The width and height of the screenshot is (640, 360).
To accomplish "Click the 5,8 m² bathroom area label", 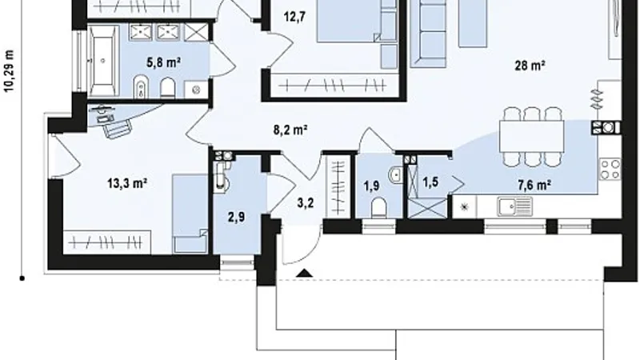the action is [163, 62].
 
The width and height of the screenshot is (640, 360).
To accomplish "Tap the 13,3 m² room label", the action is [127, 183].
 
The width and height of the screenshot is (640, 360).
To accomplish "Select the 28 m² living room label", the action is [530, 66].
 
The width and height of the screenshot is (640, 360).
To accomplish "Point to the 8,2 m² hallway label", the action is [290, 130].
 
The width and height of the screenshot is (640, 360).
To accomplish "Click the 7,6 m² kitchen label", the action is [534, 186].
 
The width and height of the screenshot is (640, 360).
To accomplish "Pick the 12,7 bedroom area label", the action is [294, 17].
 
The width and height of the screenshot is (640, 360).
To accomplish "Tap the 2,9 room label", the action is [236, 217].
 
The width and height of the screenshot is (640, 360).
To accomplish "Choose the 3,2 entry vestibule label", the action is [306, 202].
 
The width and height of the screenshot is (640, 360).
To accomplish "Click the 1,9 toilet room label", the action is [371, 186].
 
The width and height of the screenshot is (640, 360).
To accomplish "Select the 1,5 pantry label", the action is [430, 182].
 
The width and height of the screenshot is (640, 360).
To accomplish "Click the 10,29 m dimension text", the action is [9, 71].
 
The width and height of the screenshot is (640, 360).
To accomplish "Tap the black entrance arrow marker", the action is [304, 273].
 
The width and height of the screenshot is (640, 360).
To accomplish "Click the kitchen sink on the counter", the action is [514, 206].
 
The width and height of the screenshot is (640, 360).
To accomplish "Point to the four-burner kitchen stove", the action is [610, 170].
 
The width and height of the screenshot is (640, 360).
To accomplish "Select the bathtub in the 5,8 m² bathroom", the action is [102, 61].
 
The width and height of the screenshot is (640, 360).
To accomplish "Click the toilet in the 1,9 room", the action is [378, 207].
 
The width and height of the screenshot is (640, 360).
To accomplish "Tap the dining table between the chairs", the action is [532, 137].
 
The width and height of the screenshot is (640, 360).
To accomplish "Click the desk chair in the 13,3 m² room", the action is [118, 130].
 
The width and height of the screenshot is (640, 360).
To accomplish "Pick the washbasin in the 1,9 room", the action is [395, 175].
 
